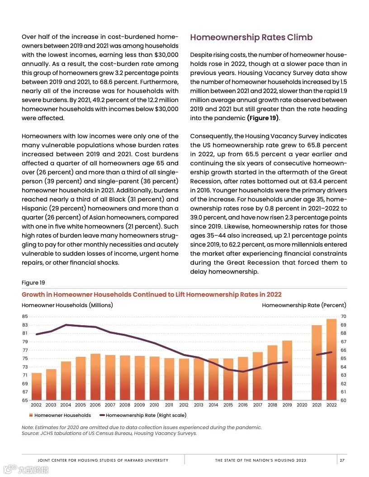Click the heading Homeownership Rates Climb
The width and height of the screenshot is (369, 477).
click(x=251, y=37)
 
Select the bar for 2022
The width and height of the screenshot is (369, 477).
click(x=331, y=360)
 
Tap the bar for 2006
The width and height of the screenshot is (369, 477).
click(x=95, y=377)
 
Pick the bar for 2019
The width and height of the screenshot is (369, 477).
click(x=287, y=370)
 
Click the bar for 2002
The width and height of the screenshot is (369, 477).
click(x=36, y=386)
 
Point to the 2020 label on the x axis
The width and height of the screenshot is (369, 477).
click(x=302, y=405)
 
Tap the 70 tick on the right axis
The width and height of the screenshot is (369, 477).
click(x=343, y=317)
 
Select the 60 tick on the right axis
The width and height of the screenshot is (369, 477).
click(x=343, y=400)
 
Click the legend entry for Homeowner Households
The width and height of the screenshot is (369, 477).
click(x=60, y=415)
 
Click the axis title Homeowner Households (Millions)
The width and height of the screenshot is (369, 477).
click(x=67, y=305)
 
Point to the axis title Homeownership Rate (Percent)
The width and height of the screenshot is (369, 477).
click(x=304, y=305)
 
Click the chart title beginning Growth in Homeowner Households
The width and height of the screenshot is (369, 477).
click(x=151, y=295)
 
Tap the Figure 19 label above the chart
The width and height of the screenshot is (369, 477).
click(x=33, y=283)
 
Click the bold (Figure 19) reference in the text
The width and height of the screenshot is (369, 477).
click(x=263, y=118)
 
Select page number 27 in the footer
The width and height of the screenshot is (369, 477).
click(x=342, y=460)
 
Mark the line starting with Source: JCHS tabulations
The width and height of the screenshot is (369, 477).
click(x=109, y=433)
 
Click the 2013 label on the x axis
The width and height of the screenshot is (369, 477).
click(x=199, y=405)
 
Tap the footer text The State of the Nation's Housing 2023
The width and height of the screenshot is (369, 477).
click(x=260, y=460)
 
